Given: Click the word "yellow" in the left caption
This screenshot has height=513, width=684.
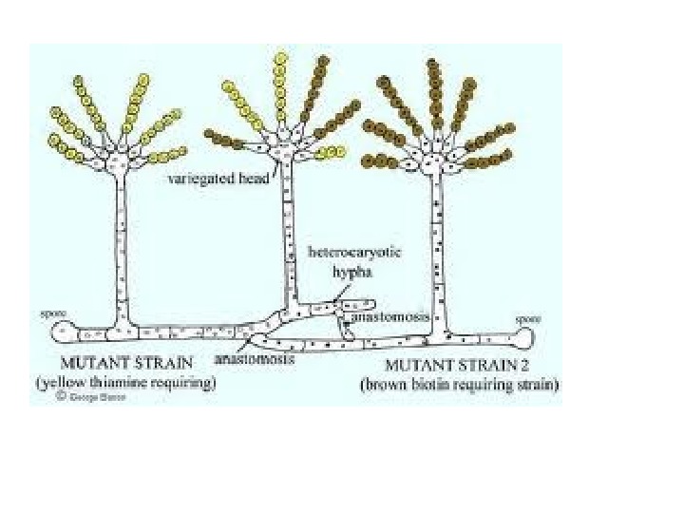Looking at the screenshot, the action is click(x=62, y=383).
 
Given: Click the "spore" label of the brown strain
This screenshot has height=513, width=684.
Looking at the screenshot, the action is click(x=527, y=320).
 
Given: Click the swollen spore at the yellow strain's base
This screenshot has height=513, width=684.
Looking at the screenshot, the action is click(x=63, y=332).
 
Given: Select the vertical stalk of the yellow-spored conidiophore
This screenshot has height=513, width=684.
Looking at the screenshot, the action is click(x=121, y=247).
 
